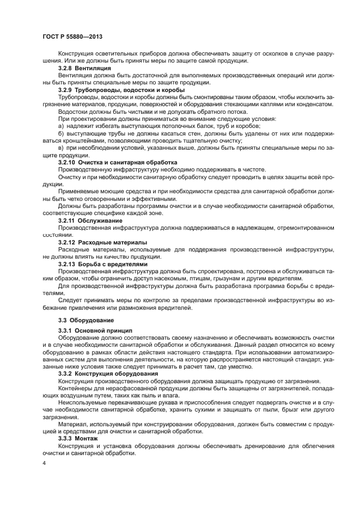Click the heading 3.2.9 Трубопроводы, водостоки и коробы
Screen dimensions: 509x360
(x=121, y=89)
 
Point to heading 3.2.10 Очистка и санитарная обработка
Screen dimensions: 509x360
(x=118, y=162)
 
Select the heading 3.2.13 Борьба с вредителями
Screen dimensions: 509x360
(x=103, y=263)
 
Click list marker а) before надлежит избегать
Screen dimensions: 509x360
(x=61, y=126)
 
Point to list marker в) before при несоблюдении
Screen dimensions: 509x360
(x=61, y=148)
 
